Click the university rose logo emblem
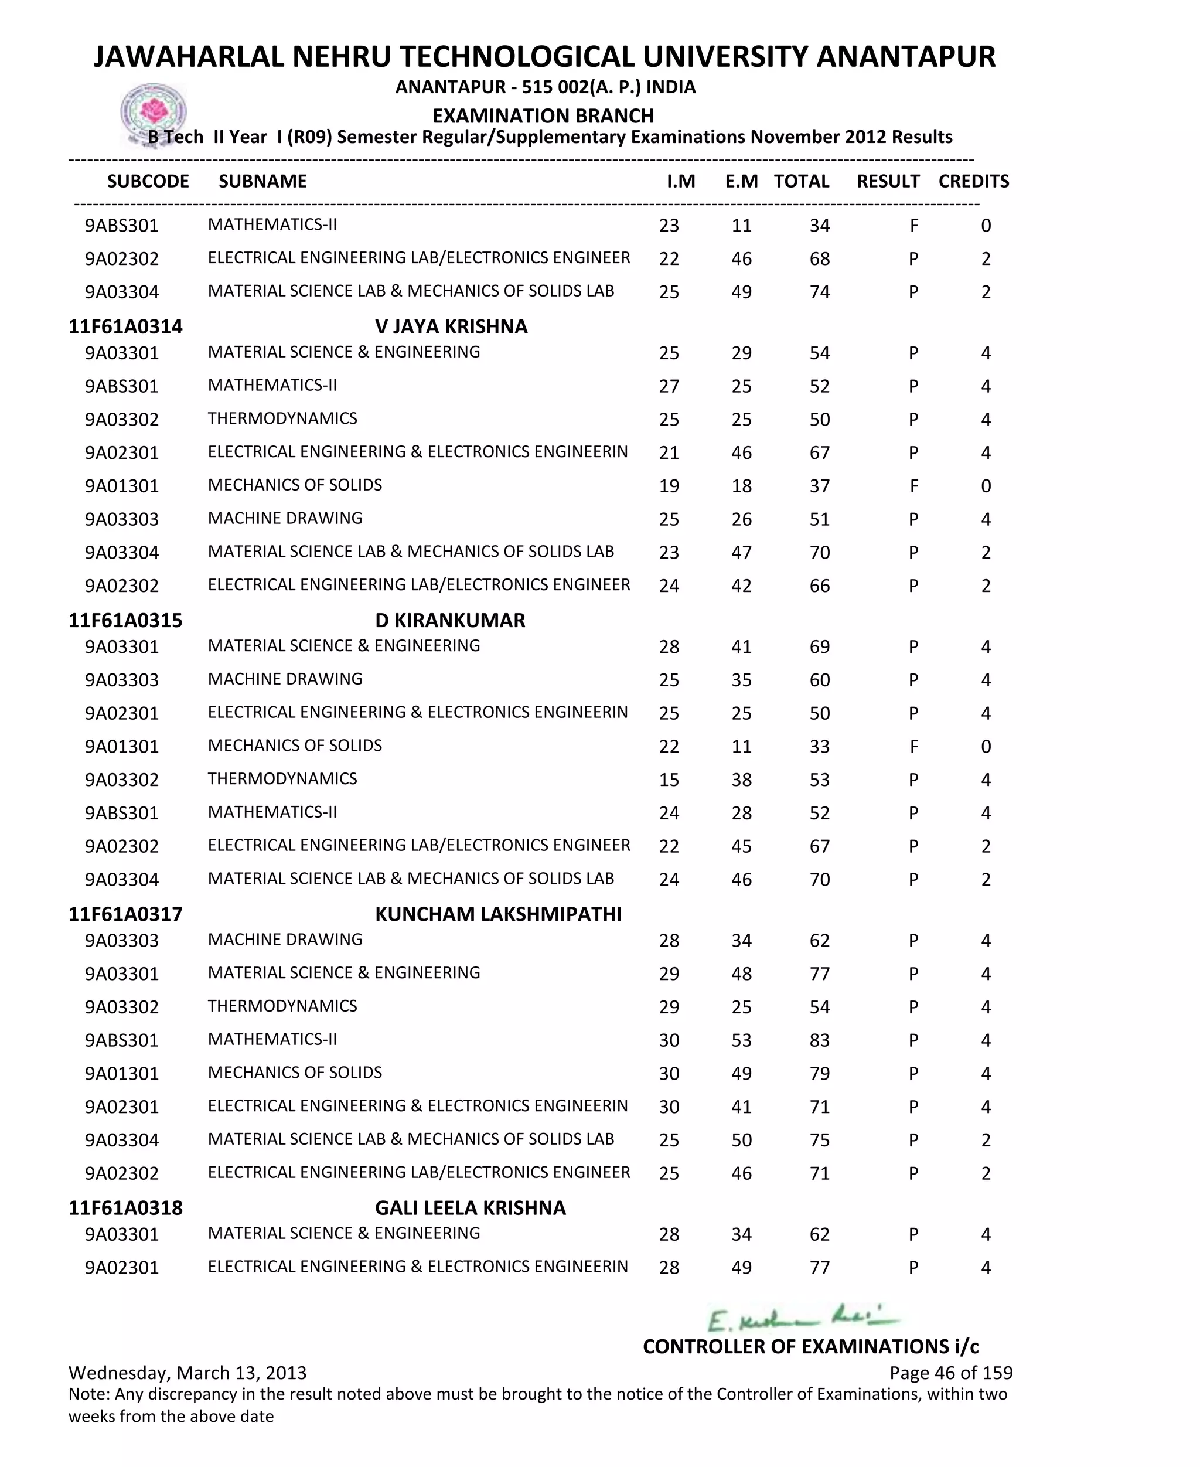tap(154, 112)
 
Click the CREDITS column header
tap(973, 181)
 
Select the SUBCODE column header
tap(148, 181)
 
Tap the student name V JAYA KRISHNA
tap(451, 326)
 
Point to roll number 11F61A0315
tap(125, 620)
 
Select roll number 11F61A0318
tap(125, 1208)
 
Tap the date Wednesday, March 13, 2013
tap(187, 1372)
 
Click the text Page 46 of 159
tap(950, 1372)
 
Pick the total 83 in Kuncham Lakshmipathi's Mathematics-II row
tap(819, 1040)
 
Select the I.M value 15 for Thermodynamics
tap(669, 780)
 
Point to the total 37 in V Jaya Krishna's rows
tap(819, 486)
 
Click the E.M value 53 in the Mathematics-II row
tap(741, 1040)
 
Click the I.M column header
tap(680, 181)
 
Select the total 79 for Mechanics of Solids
tap(819, 1074)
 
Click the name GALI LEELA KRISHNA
tap(470, 1208)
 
